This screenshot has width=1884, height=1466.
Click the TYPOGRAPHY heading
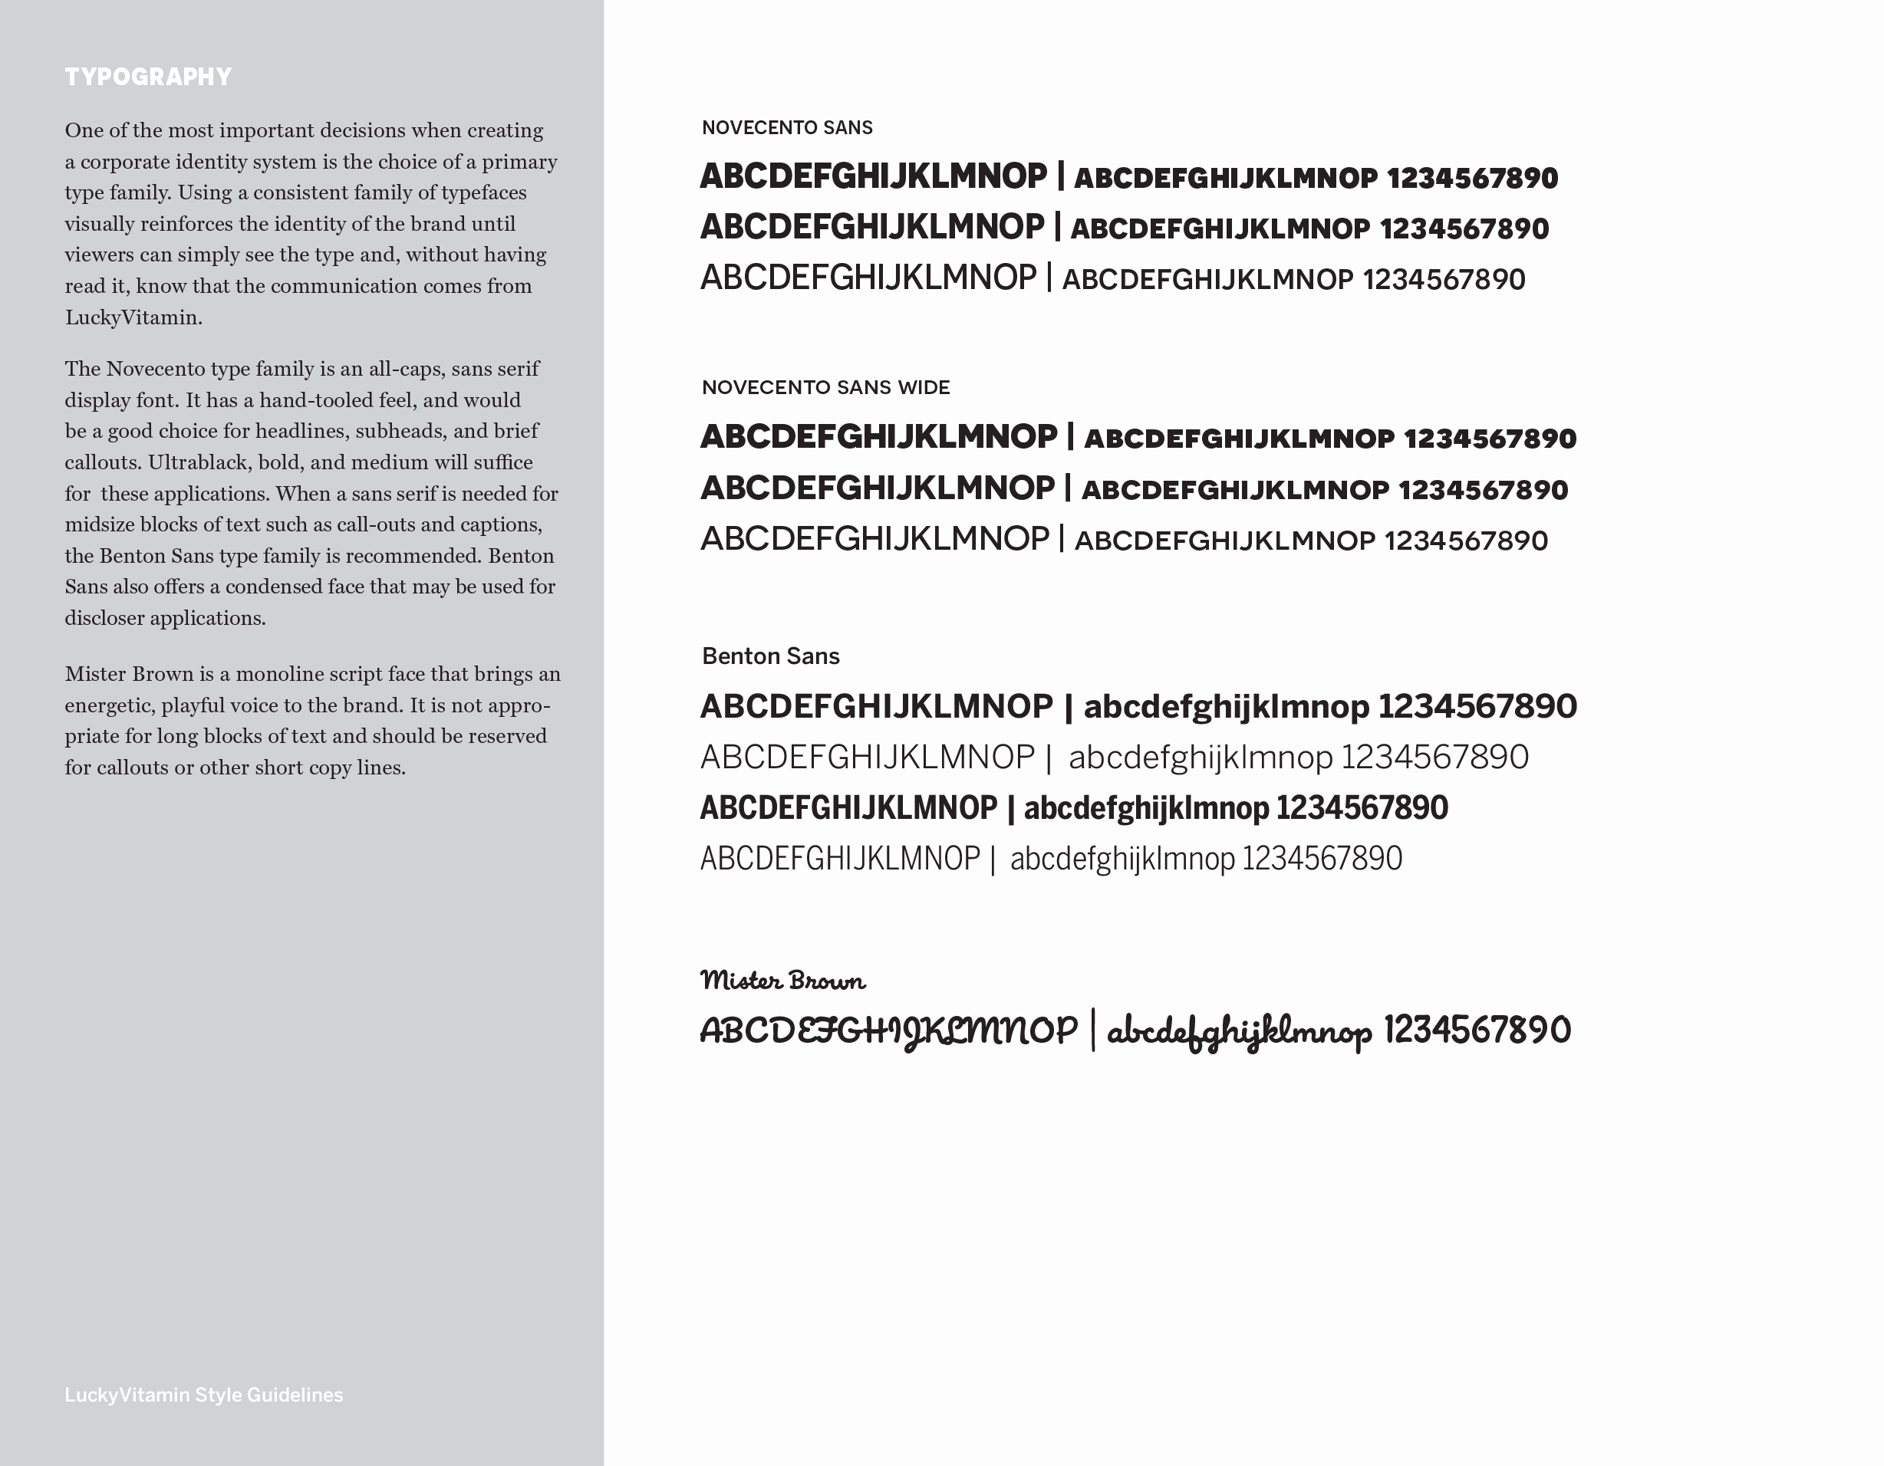click(148, 77)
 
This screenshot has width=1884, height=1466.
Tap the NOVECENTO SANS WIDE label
click(825, 387)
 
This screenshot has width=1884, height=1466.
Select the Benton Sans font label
click(770, 656)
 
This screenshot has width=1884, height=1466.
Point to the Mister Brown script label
click(782, 981)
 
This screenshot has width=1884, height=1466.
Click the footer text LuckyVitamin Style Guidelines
click(203, 1395)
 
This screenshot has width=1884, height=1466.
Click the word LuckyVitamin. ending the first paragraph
click(133, 317)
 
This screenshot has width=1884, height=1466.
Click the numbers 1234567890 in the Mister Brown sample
click(1477, 1030)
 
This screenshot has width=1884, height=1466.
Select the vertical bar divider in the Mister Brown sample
click(1093, 1030)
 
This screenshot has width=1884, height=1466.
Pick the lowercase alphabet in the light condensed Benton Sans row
click(1122, 859)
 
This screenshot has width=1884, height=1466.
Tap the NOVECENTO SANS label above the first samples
click(787, 127)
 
